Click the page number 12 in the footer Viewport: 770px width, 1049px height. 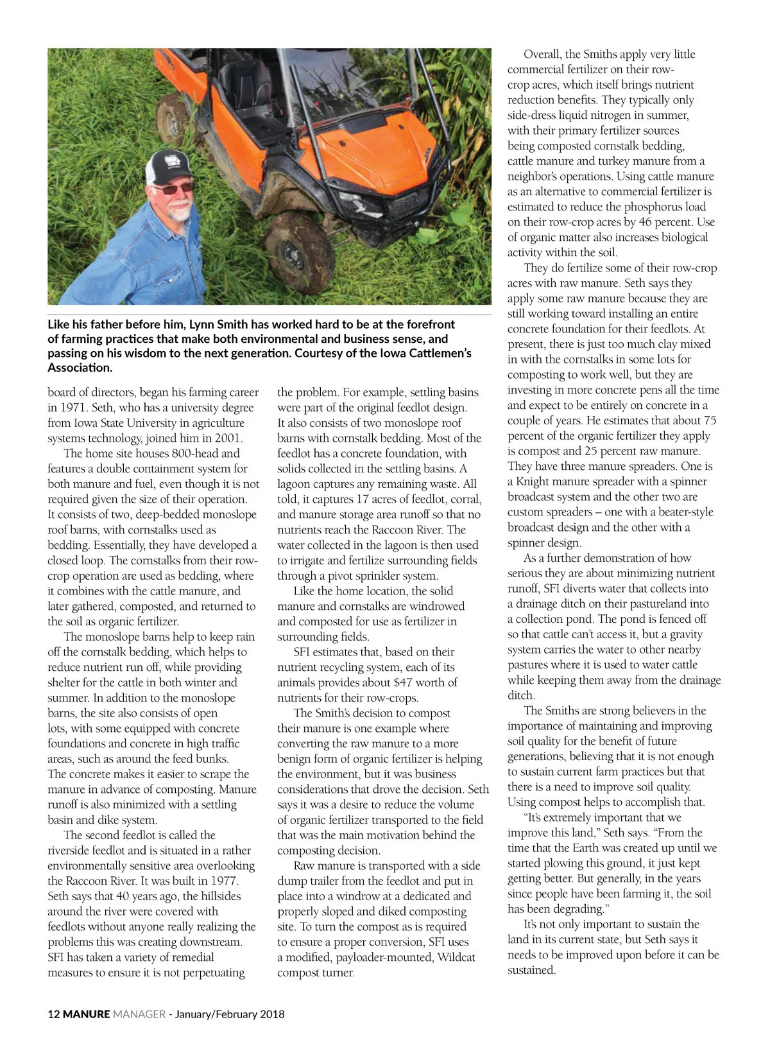click(53, 1014)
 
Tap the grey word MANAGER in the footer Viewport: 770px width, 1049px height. click(139, 1014)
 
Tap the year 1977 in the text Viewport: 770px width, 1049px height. click(223, 881)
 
